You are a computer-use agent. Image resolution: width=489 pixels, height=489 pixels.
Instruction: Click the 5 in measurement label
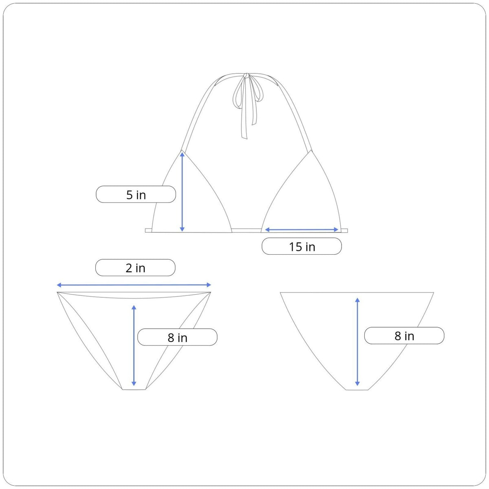point(136,195)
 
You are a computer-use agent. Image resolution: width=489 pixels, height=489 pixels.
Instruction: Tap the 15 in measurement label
point(302,247)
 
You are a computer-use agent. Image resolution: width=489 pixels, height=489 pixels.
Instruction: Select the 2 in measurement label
point(135,268)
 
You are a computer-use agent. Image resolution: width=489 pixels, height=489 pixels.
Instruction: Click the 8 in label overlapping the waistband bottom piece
point(177,337)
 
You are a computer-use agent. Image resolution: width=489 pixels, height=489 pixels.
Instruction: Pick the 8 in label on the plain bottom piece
point(404,336)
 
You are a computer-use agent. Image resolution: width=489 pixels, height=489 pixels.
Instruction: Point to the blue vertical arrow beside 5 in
point(182,191)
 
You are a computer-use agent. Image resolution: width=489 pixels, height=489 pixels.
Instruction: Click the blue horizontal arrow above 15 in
point(302,230)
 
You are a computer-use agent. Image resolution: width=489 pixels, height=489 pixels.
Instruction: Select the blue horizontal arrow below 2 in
point(134,285)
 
